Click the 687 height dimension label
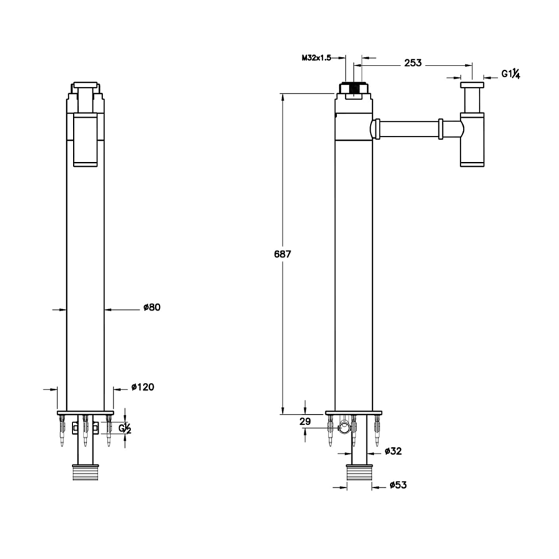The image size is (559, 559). pyautogui.click(x=282, y=254)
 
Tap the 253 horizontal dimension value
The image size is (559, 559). pyautogui.click(x=413, y=63)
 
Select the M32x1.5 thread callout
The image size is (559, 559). pyautogui.click(x=317, y=58)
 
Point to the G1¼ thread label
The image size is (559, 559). pyautogui.click(x=511, y=74)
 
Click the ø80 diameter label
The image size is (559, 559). pyautogui.click(x=152, y=307)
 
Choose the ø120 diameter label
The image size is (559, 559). pyautogui.click(x=143, y=386)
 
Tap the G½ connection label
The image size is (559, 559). pyautogui.click(x=125, y=429)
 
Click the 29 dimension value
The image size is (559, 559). pyautogui.click(x=305, y=422)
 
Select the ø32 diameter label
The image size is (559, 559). pyautogui.click(x=393, y=451)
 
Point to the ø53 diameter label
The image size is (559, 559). pyautogui.click(x=398, y=485)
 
